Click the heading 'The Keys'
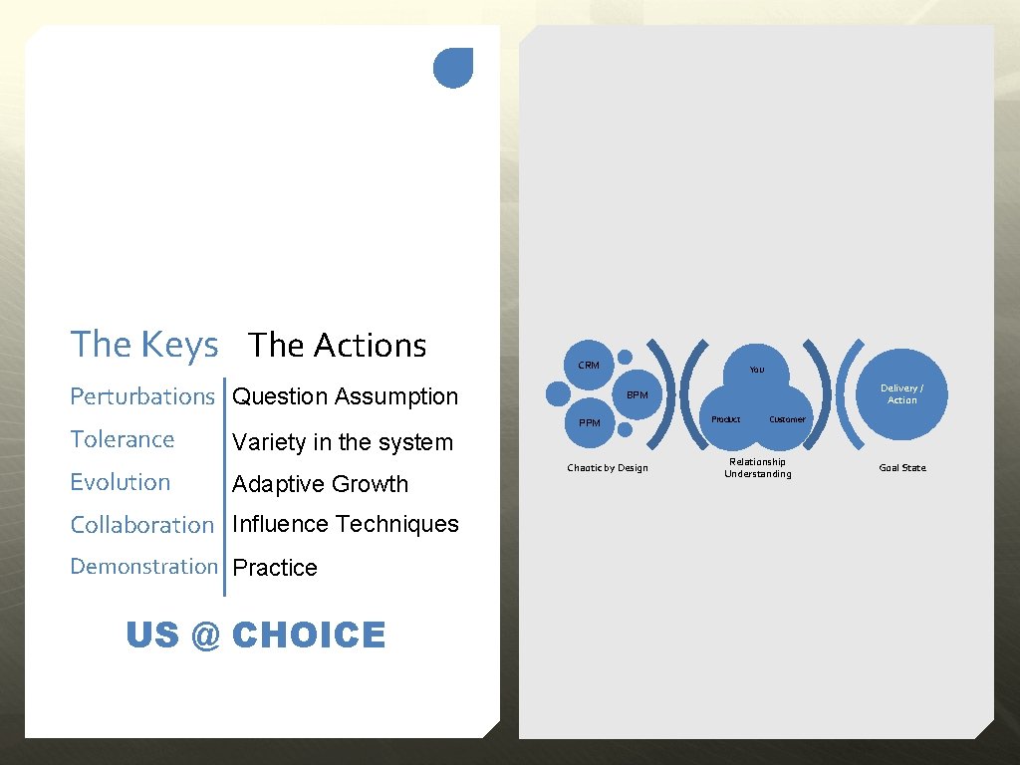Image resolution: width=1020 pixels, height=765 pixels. pos(144,345)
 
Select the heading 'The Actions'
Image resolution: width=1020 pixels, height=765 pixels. pos(338,346)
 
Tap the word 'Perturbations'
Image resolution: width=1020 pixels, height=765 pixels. pos(142,396)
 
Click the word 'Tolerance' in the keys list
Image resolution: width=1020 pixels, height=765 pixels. pos(123,439)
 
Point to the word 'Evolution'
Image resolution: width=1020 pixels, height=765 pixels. pos(121,482)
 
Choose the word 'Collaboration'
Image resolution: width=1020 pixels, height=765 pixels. pos(142,525)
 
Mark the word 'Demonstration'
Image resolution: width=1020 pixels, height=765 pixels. pos(143,566)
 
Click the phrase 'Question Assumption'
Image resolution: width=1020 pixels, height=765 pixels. pos(345,396)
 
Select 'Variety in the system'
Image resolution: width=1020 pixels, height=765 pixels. pos(342,442)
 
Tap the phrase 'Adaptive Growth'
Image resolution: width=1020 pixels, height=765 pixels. pos(320,484)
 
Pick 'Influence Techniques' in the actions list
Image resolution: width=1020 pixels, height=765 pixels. pos(345,524)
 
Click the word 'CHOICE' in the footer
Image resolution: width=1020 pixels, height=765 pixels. pos(308,635)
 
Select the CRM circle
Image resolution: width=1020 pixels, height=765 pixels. pos(590,366)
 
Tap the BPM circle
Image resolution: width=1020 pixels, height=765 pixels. pos(637,395)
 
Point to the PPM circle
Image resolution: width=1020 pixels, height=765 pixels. pos(590,423)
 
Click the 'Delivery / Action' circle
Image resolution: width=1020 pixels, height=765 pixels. pos(901,394)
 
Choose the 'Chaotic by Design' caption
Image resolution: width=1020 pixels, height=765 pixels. pos(607,468)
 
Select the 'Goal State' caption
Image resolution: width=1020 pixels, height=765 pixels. pos(901,468)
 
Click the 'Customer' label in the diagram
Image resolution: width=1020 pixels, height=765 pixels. pos(787,419)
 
